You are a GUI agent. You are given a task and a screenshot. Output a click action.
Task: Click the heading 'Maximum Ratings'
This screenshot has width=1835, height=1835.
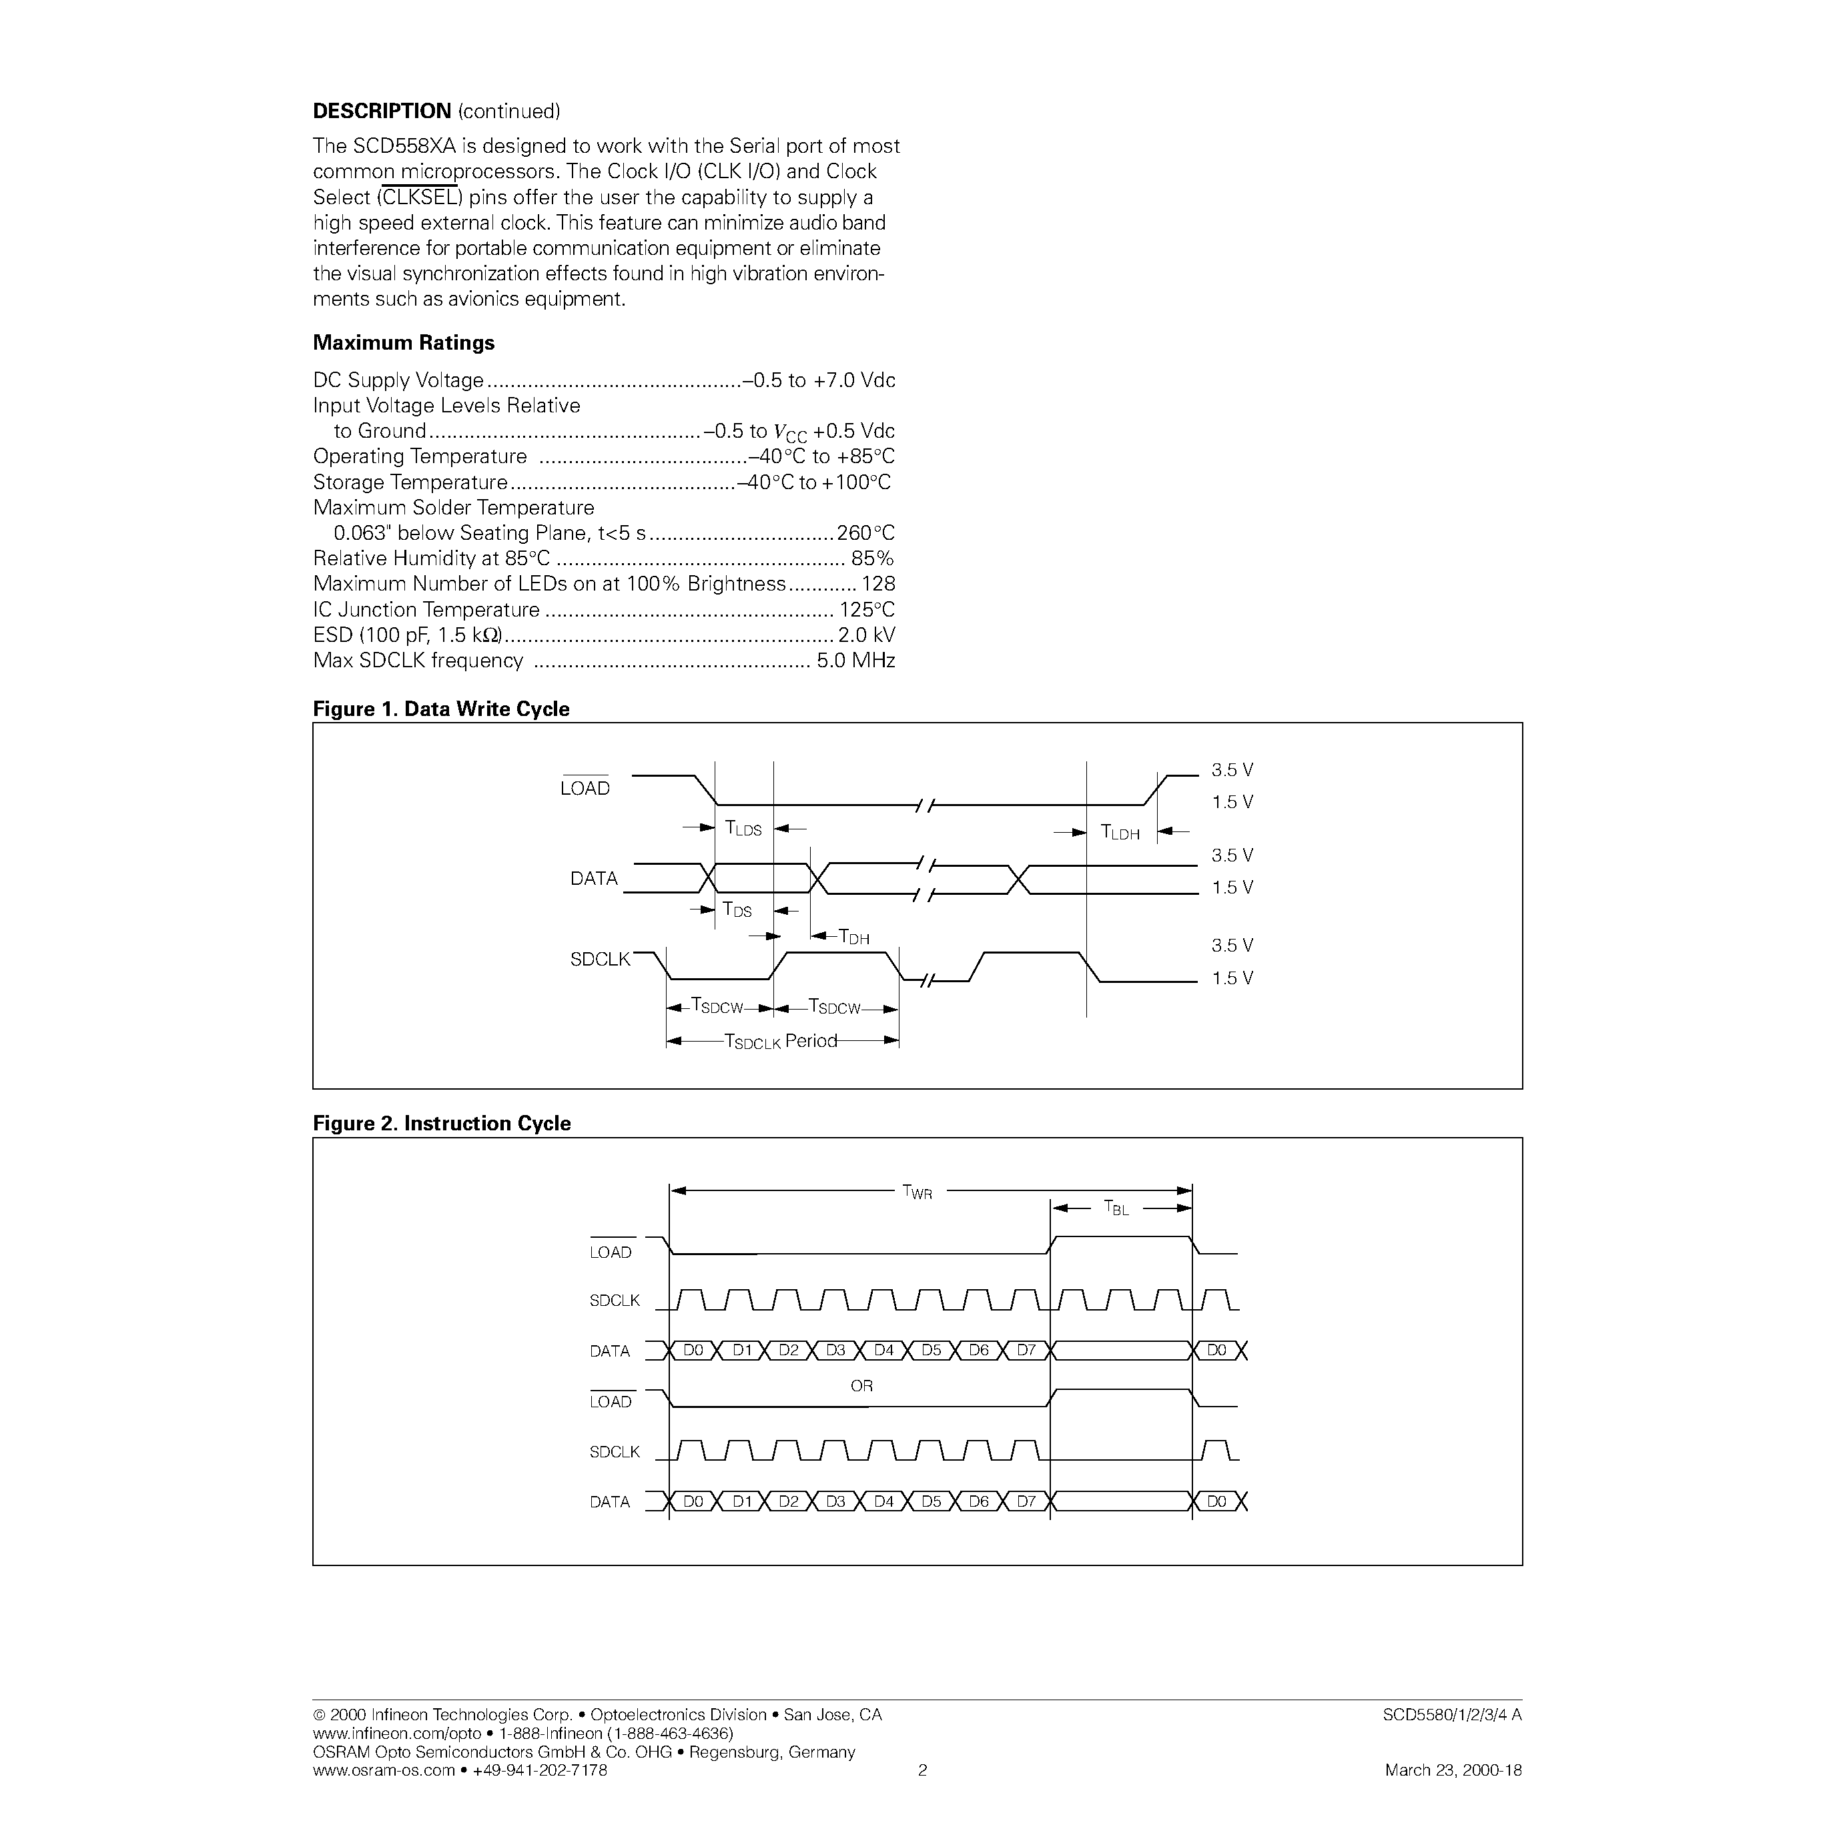(404, 343)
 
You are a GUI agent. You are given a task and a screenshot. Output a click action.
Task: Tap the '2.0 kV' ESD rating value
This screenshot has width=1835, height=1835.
(865, 635)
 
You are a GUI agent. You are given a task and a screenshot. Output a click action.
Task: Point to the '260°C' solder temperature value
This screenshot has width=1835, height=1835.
(864, 534)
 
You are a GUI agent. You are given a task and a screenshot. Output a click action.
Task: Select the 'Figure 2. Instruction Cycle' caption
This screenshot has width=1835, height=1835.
(442, 1124)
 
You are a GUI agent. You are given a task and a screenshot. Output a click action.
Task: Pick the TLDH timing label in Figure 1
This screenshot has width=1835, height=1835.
(1119, 833)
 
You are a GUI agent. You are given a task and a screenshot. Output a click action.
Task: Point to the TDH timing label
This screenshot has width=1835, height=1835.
(854, 938)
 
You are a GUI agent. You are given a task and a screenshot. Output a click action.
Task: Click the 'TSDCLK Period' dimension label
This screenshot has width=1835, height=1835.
(780, 1042)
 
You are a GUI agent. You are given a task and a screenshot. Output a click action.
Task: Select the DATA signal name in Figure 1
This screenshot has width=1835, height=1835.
(594, 879)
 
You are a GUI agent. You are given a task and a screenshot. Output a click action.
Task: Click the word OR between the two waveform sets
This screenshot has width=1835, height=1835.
(861, 1387)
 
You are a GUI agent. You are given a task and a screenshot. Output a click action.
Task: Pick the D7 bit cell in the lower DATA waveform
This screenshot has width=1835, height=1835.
(1026, 1501)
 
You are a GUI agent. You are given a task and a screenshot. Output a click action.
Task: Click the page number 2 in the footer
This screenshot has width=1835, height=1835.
(922, 1770)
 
